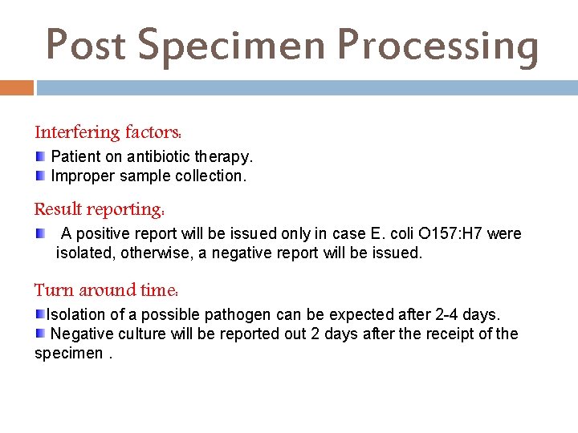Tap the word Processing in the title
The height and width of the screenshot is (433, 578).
pyautogui.click(x=438, y=45)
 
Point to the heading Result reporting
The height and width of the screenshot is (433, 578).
pyautogui.click(x=100, y=210)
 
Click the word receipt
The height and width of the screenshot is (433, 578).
pyautogui.click(x=446, y=334)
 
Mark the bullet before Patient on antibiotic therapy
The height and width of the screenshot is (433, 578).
pyautogui.click(x=40, y=155)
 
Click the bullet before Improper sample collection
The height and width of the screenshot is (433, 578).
pyautogui.click(x=40, y=174)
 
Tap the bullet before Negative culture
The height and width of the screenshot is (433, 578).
pyautogui.click(x=40, y=333)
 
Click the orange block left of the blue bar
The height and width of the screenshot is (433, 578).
pyautogui.click(x=17, y=87)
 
